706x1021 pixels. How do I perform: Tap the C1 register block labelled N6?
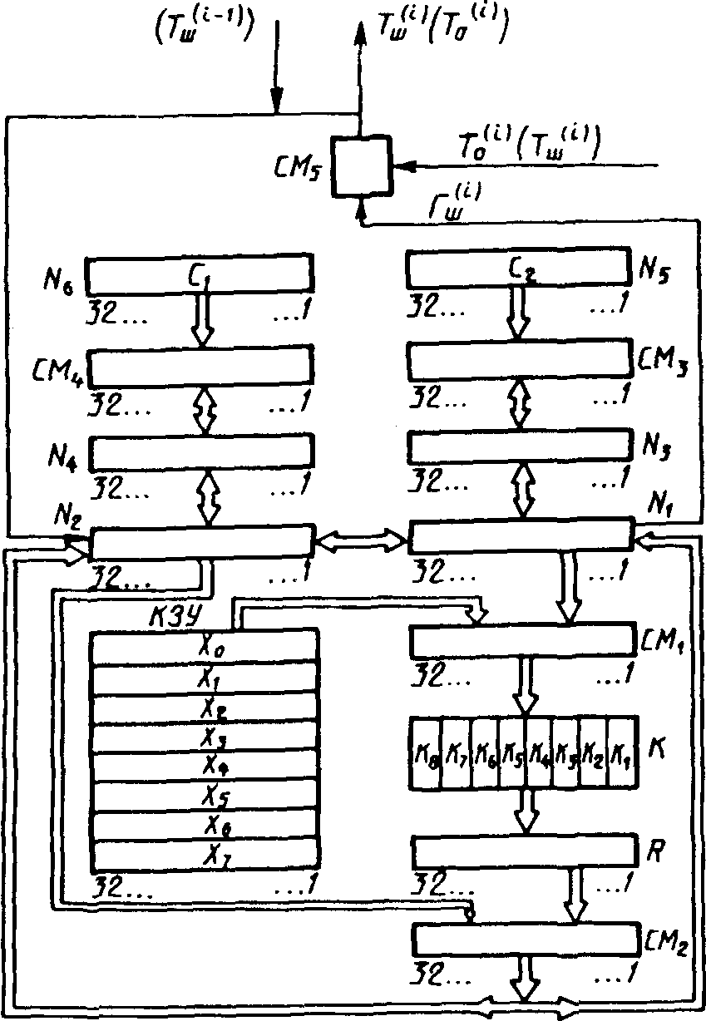point(200,270)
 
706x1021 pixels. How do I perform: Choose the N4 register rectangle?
point(202,451)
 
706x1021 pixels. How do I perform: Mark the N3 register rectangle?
point(519,447)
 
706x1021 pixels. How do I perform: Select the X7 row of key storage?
point(203,854)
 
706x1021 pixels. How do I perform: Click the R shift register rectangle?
point(522,851)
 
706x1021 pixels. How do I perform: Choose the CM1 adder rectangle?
point(522,641)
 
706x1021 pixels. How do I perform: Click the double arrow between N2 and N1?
point(361,542)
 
